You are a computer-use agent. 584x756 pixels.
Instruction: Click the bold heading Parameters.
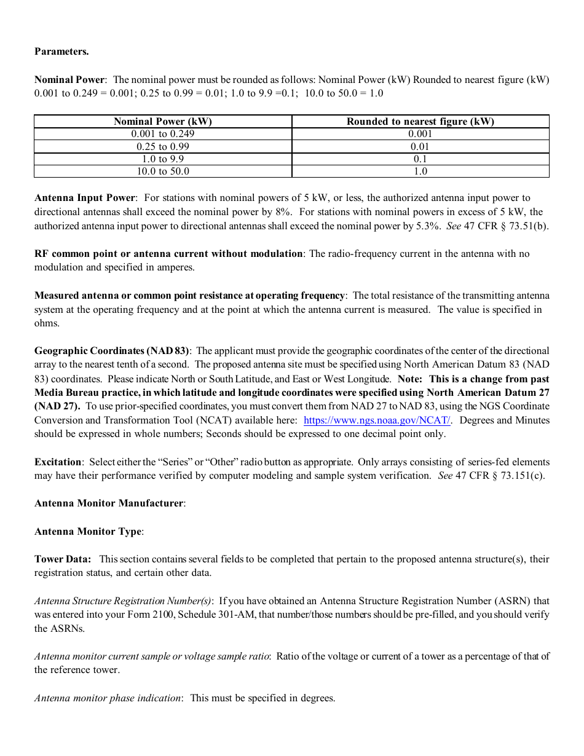click(x=61, y=52)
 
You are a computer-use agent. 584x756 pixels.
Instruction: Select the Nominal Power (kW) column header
click(x=163, y=121)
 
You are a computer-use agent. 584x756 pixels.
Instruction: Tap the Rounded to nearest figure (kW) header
click(x=420, y=121)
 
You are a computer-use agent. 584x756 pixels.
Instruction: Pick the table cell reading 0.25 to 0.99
click(x=163, y=146)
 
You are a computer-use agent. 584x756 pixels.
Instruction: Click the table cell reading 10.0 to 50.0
click(x=163, y=171)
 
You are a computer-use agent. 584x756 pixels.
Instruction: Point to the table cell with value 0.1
click(x=420, y=159)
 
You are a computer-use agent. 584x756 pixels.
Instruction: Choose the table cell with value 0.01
click(x=420, y=146)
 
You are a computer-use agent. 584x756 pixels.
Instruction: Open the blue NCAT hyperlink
click(x=377, y=420)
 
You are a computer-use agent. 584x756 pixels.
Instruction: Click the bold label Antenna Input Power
click(x=84, y=198)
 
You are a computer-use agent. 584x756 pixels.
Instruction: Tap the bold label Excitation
click(x=58, y=462)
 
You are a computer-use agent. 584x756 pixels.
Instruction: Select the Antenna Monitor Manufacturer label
click(x=109, y=503)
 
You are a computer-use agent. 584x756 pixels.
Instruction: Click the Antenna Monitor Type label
click(x=88, y=532)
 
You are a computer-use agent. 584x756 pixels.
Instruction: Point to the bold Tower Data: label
click(x=63, y=559)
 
